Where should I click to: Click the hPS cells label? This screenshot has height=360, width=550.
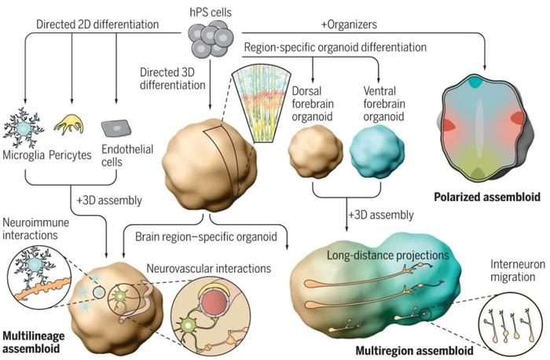coord(211,13)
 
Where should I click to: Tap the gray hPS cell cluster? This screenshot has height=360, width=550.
coord(211,39)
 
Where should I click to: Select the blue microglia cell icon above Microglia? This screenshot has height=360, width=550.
coord(23,128)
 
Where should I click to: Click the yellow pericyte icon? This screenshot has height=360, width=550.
coord(69,124)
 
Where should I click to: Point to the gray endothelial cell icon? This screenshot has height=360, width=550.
coord(116,128)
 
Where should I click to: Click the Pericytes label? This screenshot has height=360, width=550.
coord(70,155)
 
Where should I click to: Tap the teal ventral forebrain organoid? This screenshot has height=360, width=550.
coord(377,151)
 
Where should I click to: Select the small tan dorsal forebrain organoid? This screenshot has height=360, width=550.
coord(315,151)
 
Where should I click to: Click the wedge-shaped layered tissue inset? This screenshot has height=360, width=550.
coord(262,103)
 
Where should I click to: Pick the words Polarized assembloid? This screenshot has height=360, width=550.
coord(487,197)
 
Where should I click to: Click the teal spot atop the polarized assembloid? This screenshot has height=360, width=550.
coord(475,82)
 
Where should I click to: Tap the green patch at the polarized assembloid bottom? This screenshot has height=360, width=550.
coord(477,174)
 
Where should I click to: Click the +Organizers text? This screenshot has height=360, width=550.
coord(349,24)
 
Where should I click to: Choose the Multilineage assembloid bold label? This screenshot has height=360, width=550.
coord(34,342)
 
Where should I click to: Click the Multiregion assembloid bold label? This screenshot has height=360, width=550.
coord(415,351)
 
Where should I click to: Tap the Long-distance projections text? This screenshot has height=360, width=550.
coord(388,255)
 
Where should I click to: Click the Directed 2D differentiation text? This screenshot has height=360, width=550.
coord(97,24)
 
